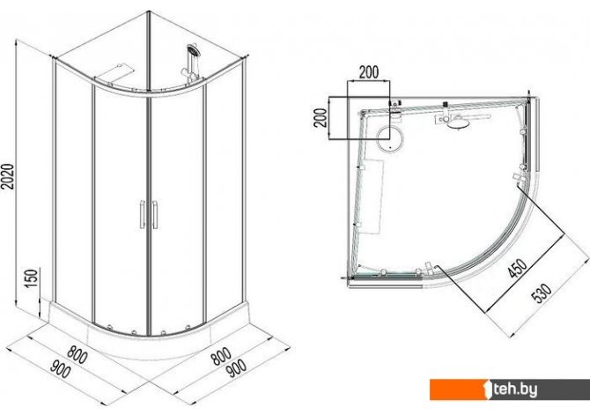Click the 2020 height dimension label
pyautogui.click(x=8, y=176)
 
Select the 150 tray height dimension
pyautogui.click(x=33, y=278)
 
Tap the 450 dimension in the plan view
pyautogui.click(x=518, y=268)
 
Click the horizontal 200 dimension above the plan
pyautogui.click(x=369, y=72)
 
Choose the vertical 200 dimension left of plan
pyautogui.click(x=321, y=118)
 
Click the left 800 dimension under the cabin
pyautogui.click(x=77, y=355)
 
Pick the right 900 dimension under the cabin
pyautogui.click(x=236, y=368)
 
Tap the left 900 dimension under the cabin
pyautogui.click(x=61, y=369)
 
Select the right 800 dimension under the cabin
pyautogui.click(x=221, y=356)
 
